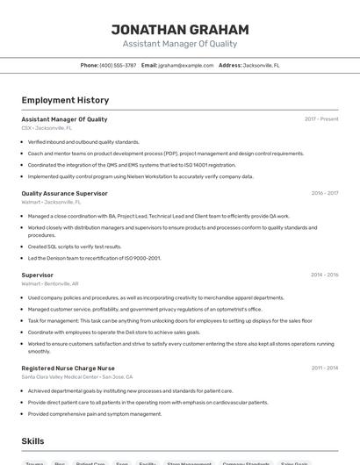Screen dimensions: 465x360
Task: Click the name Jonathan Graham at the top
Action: tap(179, 29)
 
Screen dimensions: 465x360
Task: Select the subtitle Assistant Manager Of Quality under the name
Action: tap(179, 44)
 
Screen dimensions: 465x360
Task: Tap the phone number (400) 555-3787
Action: tap(118, 65)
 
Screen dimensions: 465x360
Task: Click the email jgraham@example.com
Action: tap(186, 65)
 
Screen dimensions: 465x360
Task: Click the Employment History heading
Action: tap(65, 100)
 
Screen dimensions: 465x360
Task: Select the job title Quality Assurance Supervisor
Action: tap(64, 193)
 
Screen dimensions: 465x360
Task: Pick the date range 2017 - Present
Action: tap(321, 119)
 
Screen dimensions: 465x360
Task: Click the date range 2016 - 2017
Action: tap(324, 193)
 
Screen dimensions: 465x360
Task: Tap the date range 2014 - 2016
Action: tap(324, 275)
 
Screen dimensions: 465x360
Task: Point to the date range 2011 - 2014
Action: tap(324, 368)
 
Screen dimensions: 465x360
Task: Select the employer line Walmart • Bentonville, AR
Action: tap(50, 284)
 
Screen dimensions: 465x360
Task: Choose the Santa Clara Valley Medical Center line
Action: tap(77, 377)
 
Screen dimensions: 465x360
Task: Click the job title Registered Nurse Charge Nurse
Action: tap(68, 368)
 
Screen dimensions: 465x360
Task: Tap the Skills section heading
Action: tap(32, 440)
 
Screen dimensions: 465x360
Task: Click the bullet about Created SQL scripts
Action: tap(75, 247)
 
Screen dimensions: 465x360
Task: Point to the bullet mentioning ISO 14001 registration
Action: tap(132, 164)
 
